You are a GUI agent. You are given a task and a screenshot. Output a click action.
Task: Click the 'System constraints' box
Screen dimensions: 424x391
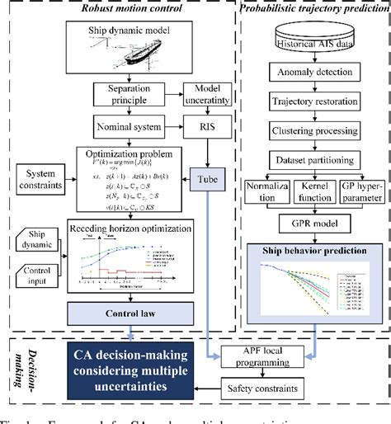pyautogui.click(x=42, y=180)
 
